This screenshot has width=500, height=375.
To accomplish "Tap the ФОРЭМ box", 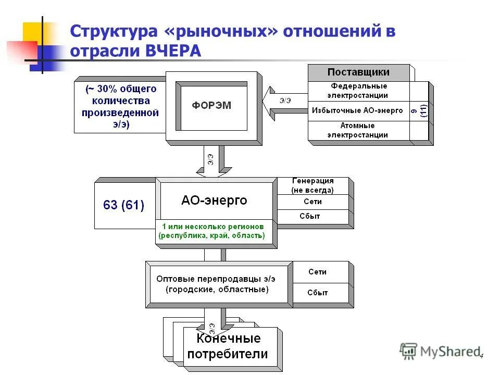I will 211,106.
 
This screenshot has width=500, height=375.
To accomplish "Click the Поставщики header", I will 358,72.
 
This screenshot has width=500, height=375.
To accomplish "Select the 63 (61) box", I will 124,205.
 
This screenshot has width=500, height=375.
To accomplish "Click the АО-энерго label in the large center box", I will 214,201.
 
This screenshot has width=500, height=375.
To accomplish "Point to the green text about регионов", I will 212,231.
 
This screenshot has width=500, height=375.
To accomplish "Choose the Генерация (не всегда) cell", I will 312,185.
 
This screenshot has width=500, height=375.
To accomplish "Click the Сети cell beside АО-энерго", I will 312,202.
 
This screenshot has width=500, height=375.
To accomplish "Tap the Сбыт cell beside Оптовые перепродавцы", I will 318,293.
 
